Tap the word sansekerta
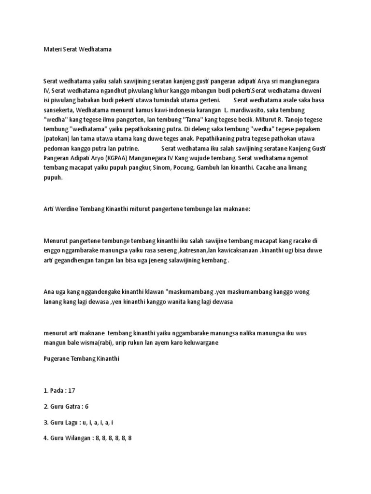point(59,110)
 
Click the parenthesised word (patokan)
point(58,139)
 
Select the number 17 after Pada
point(73,390)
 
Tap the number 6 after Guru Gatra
point(87,406)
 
